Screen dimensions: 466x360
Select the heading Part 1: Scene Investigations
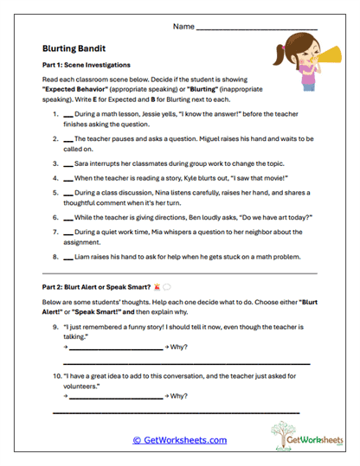[86, 65]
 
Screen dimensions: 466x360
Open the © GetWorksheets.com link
[179, 440]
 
